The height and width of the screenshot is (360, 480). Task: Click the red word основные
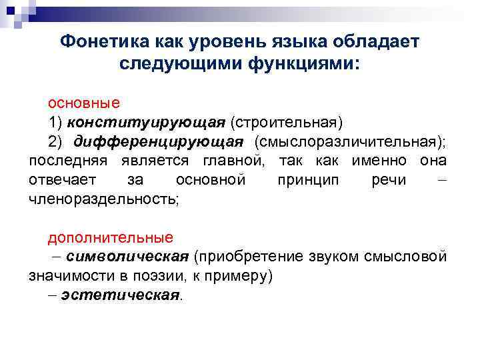coord(83,103)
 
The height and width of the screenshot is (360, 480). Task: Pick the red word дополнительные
coord(110,237)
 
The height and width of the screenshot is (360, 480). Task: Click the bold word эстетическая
coord(121,295)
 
